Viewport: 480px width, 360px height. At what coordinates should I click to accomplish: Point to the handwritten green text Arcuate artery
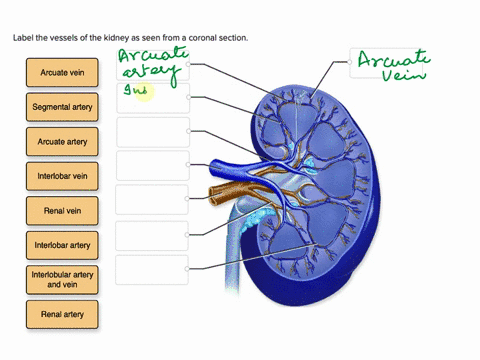point(148,65)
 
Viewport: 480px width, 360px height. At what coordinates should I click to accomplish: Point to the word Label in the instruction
point(23,37)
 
